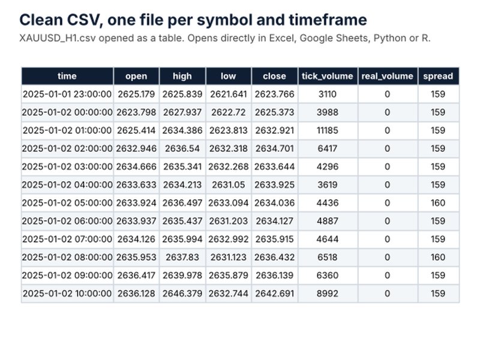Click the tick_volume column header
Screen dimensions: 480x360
pyautogui.click(x=327, y=76)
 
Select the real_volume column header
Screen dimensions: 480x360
pyautogui.click(x=387, y=76)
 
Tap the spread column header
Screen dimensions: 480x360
pyautogui.click(x=438, y=76)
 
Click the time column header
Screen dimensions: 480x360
pyautogui.click(x=67, y=76)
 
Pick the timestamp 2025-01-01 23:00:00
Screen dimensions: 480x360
pyautogui.click(x=67, y=94)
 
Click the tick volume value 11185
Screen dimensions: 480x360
pyautogui.click(x=327, y=130)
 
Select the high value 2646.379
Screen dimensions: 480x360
pyautogui.click(x=182, y=293)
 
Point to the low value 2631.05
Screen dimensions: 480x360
pyautogui.click(x=229, y=185)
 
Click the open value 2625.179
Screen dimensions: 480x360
pyautogui.click(x=136, y=94)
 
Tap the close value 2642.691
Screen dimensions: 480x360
pyautogui.click(x=275, y=293)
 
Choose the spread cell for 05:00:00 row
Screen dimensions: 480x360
pyautogui.click(x=438, y=203)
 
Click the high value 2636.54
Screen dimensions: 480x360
pyautogui.click(x=182, y=148)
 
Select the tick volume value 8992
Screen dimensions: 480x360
pyautogui.click(x=327, y=293)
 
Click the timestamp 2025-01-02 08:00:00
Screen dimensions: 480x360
pyautogui.click(x=67, y=257)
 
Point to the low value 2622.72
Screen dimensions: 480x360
pyautogui.click(x=229, y=112)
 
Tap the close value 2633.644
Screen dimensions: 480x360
pyautogui.click(x=275, y=167)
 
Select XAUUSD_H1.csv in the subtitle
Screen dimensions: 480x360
pyautogui.click(x=57, y=38)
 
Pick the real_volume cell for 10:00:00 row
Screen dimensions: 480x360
pyautogui.click(x=387, y=293)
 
